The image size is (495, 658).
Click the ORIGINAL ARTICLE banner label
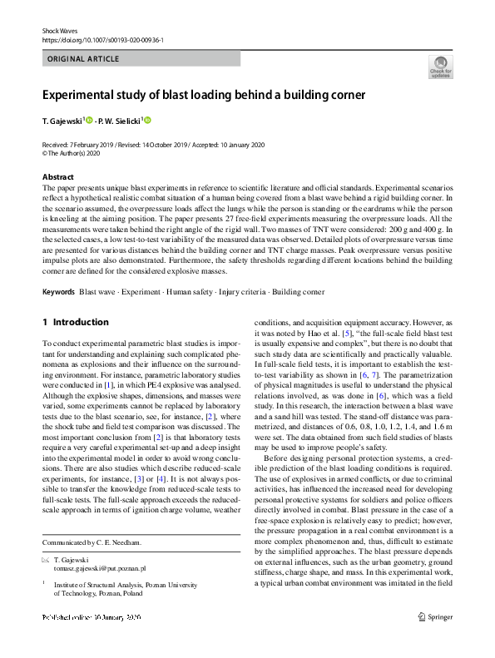pos(83,59)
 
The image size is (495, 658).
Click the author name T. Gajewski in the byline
pos(62,121)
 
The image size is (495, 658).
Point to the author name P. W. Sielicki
pos(120,121)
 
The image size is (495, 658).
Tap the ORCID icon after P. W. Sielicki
pos(148,121)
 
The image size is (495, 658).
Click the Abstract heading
pos(58,177)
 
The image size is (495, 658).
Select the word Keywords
pos(58,292)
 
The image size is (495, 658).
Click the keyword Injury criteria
pos(239,292)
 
